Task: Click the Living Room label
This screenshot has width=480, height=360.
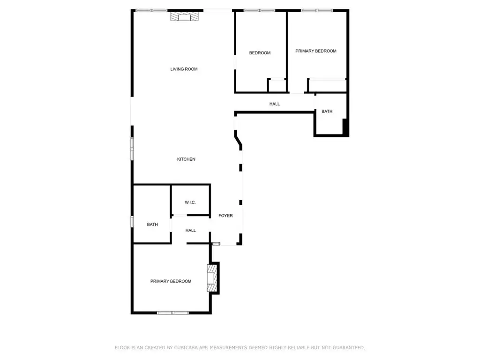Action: pos(184,69)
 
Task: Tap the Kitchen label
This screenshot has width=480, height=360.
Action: pos(186,159)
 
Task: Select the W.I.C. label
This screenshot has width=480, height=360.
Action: pos(190,202)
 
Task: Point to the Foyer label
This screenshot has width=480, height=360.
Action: pos(225,216)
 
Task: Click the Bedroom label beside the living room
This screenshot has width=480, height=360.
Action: pos(260,53)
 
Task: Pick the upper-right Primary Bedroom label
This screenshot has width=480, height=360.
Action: pos(315,51)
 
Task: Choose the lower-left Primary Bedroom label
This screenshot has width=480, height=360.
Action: pos(171,281)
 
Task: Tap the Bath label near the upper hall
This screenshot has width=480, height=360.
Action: pos(327,112)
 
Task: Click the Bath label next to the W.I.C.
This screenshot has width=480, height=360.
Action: pos(152,225)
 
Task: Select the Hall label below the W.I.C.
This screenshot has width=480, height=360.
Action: pos(190,230)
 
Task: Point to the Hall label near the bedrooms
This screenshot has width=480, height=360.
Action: pos(275,104)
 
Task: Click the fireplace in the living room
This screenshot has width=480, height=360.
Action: pos(184,17)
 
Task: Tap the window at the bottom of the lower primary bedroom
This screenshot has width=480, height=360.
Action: pos(173,313)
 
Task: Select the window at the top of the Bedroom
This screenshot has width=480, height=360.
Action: pos(259,10)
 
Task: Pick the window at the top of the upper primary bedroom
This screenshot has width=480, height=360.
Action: pos(317,10)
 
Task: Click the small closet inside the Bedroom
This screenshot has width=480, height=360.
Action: pos(277,85)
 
